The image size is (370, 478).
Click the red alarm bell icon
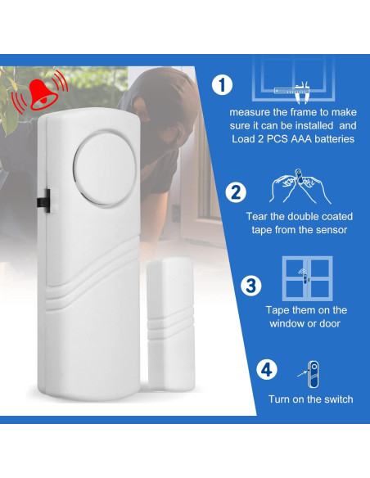(33, 96)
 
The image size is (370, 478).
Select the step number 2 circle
(236, 193)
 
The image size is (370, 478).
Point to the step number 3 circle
(250, 285)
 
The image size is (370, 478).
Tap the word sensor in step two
(332, 230)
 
